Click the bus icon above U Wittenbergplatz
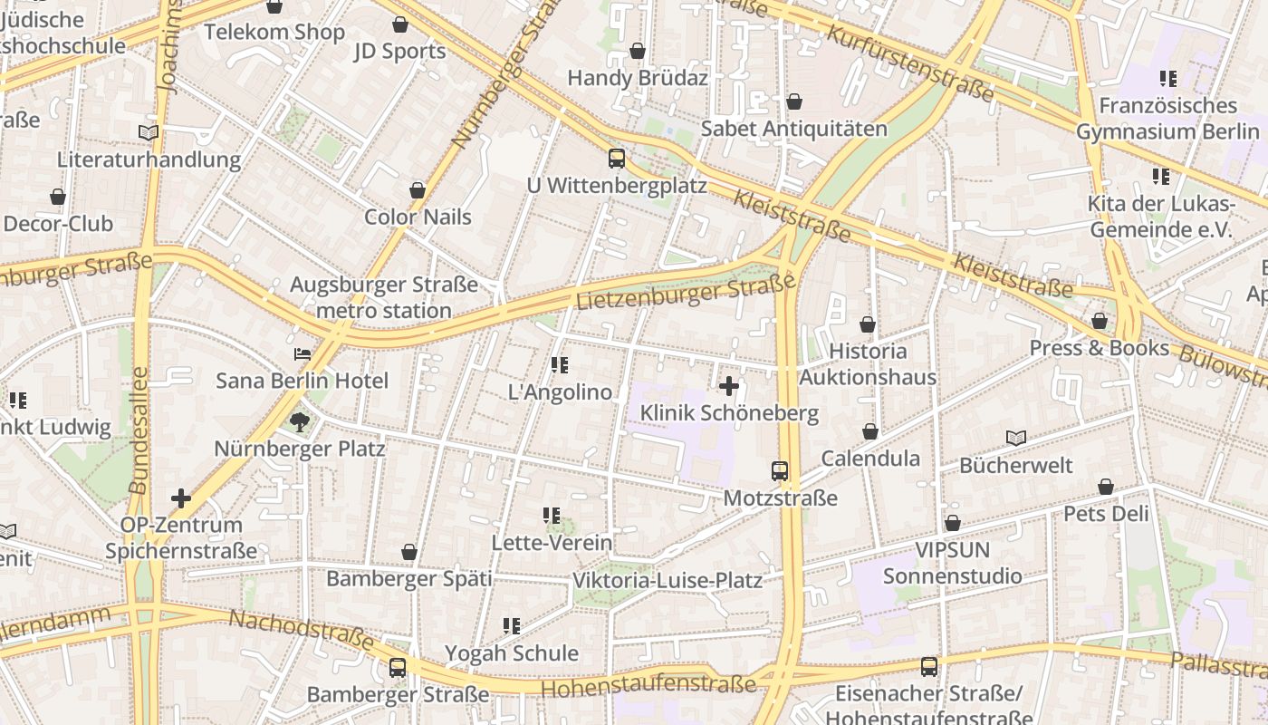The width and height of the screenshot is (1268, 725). (617, 159)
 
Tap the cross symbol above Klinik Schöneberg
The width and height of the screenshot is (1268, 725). (729, 387)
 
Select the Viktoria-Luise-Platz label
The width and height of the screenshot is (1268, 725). (668, 580)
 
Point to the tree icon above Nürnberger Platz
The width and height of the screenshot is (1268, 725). (299, 421)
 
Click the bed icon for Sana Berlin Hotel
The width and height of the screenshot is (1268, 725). (303, 354)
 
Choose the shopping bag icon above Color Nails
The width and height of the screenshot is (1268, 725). (418, 190)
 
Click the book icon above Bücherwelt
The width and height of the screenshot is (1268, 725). (1016, 439)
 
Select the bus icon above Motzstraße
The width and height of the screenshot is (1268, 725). (780, 471)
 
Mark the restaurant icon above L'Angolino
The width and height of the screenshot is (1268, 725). (560, 365)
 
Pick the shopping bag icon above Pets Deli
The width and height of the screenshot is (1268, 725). (1106, 488)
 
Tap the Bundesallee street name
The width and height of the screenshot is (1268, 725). (139, 430)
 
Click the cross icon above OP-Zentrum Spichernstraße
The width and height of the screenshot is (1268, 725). (181, 498)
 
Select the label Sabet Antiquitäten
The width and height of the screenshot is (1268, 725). (794, 129)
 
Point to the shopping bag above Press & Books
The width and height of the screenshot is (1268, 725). (1100, 322)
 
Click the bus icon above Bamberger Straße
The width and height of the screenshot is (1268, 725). (398, 668)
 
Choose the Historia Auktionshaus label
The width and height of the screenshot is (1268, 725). (868, 363)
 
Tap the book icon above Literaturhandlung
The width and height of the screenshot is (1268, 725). (149, 133)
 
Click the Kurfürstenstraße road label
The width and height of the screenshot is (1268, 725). (910, 62)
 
